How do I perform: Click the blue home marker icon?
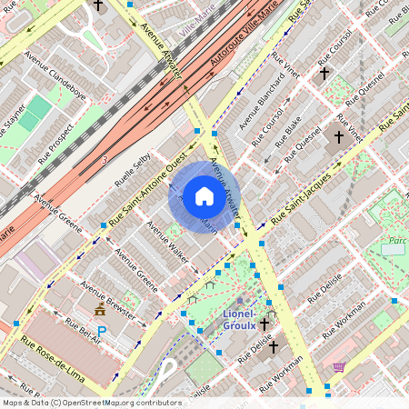click(x=204, y=196)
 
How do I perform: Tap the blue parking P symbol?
click(x=102, y=332)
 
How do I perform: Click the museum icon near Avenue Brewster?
click(x=99, y=312)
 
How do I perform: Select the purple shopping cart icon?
click(x=339, y=367)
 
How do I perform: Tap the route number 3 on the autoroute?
click(x=105, y=160)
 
